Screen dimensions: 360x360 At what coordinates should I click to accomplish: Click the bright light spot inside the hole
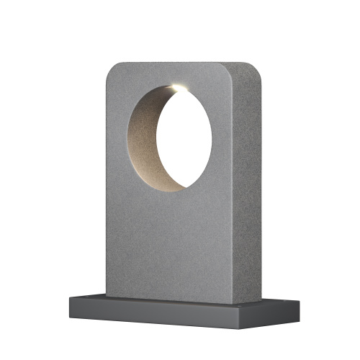(x=176, y=88)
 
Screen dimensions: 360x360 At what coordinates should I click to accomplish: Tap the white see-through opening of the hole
(x=186, y=137)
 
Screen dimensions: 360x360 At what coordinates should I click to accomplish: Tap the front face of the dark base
(x=158, y=313)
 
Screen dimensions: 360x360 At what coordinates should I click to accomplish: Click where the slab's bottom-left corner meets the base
(x=107, y=294)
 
